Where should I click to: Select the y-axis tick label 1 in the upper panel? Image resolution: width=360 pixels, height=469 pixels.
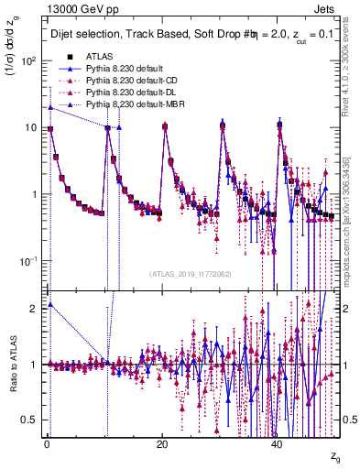pyautogui.click(x=33, y=195)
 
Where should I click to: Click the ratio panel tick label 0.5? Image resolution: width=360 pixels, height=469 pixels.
pyautogui.click(x=29, y=420)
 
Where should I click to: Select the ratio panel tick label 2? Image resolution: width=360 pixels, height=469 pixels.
pyautogui.click(x=33, y=309)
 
